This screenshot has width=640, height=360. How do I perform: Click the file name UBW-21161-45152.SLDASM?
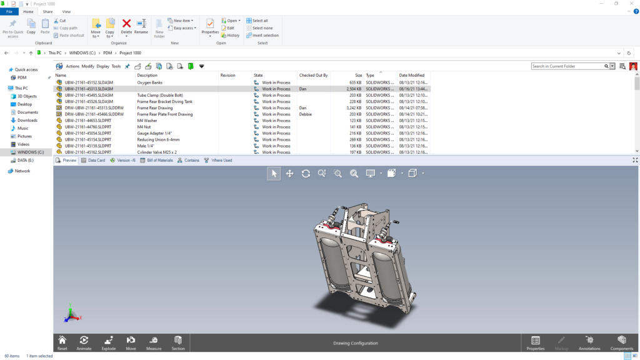(89, 82)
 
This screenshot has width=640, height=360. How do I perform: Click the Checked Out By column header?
(314, 75)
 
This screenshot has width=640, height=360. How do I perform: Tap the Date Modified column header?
(412, 75)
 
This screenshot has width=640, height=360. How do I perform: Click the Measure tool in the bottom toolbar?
(154, 342)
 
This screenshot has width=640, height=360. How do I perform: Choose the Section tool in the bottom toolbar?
(178, 342)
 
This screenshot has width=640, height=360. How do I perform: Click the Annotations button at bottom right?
(589, 342)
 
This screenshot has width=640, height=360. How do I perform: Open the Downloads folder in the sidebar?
(27, 120)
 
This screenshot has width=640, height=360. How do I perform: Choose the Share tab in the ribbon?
(47, 12)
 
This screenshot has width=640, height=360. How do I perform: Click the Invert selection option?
(265, 36)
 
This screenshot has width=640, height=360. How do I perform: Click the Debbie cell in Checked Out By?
(306, 114)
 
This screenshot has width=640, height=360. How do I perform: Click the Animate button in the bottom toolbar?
(84, 342)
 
